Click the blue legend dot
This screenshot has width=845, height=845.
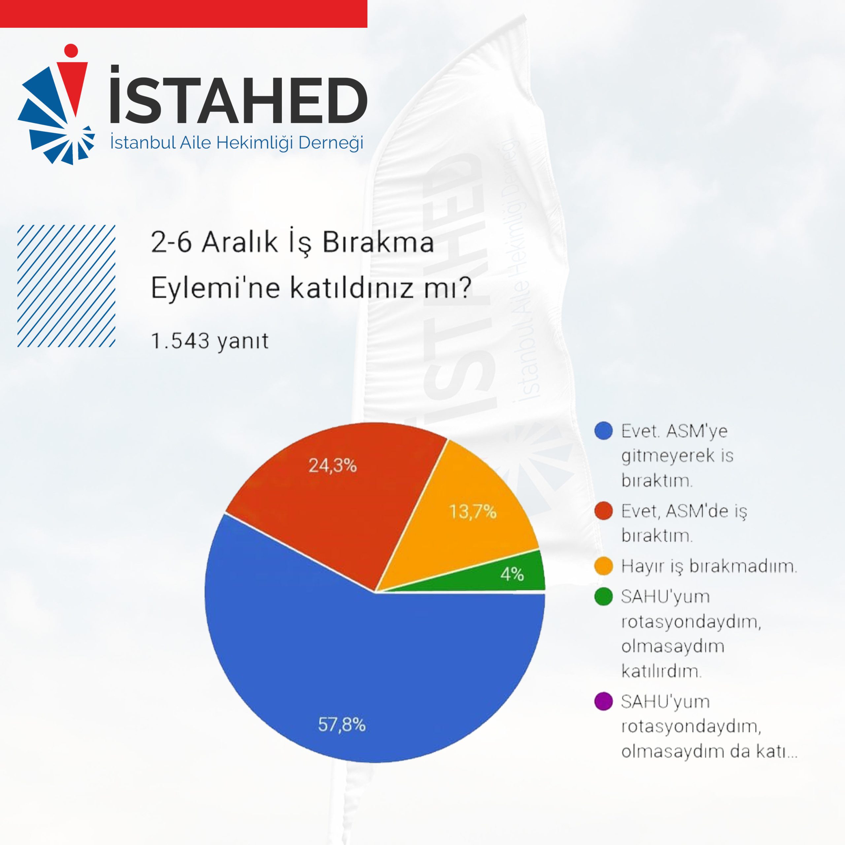pos(603,431)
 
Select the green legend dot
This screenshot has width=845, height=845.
pos(603,596)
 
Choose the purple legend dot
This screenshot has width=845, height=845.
pos(603,701)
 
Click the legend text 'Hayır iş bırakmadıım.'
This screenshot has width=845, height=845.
pos(709,566)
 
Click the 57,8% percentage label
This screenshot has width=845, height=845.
pos(342,725)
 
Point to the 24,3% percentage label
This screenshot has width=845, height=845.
pos(332,465)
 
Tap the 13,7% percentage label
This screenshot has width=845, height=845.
pos(473,511)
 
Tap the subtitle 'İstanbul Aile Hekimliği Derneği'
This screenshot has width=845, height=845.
pos(237,143)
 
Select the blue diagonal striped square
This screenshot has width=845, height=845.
pos(66,286)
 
